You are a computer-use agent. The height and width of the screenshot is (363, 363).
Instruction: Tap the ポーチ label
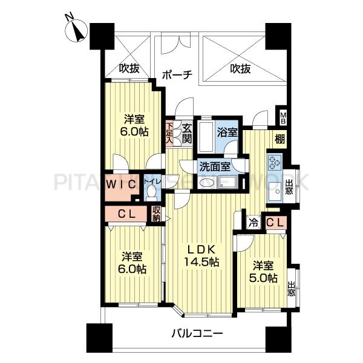[x=177, y=75]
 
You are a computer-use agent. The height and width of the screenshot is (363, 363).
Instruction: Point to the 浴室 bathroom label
[x=227, y=131]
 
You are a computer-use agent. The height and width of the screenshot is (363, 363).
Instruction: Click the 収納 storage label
[x=156, y=214]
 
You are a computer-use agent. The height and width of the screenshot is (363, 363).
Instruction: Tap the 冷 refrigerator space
[x=253, y=223]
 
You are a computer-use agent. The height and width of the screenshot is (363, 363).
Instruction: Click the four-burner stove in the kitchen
[x=274, y=162]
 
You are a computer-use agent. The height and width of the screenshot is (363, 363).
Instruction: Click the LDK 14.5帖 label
[x=201, y=257]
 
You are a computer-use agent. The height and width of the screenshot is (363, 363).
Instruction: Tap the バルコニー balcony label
[x=197, y=333]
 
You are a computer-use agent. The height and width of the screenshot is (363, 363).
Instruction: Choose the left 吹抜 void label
[x=129, y=69]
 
